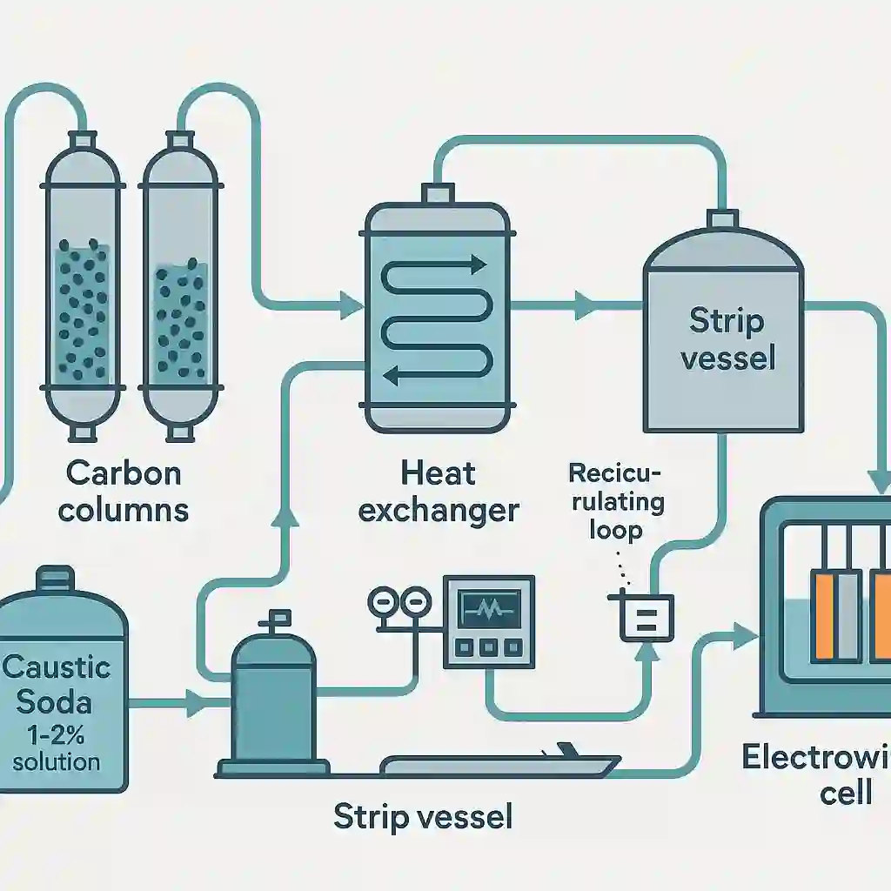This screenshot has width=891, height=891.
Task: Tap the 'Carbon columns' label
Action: pyautogui.click(x=124, y=491)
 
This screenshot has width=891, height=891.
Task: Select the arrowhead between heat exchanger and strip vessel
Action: pyautogui.click(x=584, y=305)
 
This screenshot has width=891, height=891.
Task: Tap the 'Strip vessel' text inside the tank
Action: pyautogui.click(x=727, y=338)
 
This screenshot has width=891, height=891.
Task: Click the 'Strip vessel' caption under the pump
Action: pyautogui.click(x=423, y=817)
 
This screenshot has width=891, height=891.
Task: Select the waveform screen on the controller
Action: pyautogui.click(x=486, y=604)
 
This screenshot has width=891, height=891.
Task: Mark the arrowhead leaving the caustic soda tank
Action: pyautogui.click(x=194, y=698)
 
